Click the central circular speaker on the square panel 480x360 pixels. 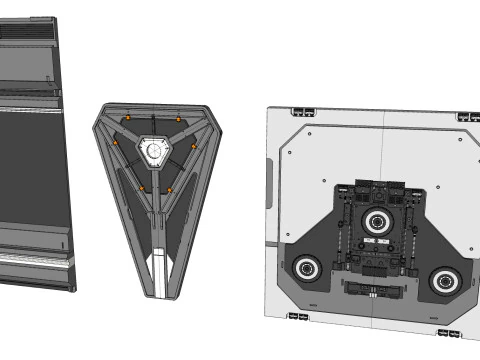click(x=378, y=221)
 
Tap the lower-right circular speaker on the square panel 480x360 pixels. click(x=445, y=279)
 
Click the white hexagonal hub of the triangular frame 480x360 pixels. click(x=154, y=150)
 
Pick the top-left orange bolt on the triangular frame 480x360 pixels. click(x=128, y=119)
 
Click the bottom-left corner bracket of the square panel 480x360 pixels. click(x=297, y=317)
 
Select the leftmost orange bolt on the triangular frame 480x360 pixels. click(x=115, y=144)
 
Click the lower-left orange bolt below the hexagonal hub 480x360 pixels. click(x=141, y=188)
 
